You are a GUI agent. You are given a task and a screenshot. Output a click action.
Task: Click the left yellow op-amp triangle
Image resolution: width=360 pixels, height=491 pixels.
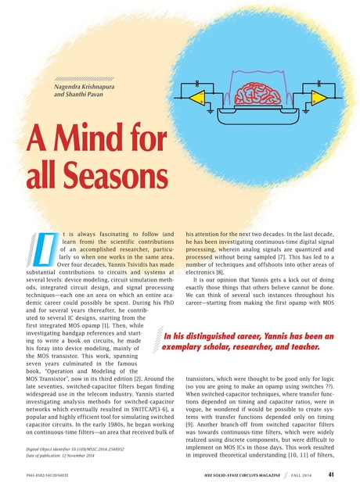pos(193,97)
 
